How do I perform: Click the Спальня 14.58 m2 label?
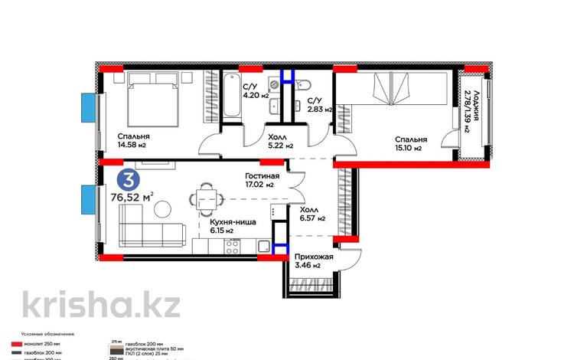coord(113,142)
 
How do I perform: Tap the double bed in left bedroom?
coord(152,94)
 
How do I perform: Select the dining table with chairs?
coord(204,199)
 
